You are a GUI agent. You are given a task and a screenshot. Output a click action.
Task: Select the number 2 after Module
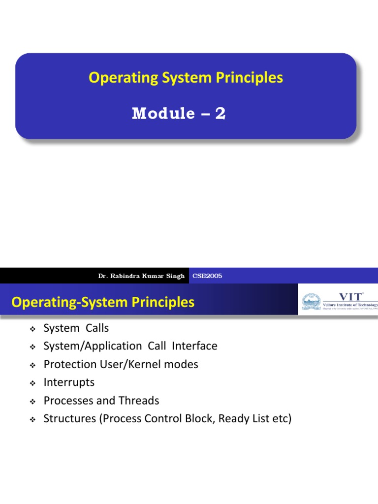220,114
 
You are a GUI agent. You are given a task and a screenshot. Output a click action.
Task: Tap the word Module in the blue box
163,114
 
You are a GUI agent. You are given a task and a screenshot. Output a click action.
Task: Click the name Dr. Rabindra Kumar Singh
141,276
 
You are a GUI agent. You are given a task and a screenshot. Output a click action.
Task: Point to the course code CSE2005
207,276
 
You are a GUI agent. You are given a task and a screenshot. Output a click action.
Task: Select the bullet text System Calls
76,328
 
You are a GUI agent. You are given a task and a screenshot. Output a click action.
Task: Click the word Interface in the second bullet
194,346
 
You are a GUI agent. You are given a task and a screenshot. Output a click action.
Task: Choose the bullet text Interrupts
69,382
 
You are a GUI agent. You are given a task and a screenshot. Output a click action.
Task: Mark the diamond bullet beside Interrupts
33,383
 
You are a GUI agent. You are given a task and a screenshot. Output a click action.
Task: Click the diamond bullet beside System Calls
33,328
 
